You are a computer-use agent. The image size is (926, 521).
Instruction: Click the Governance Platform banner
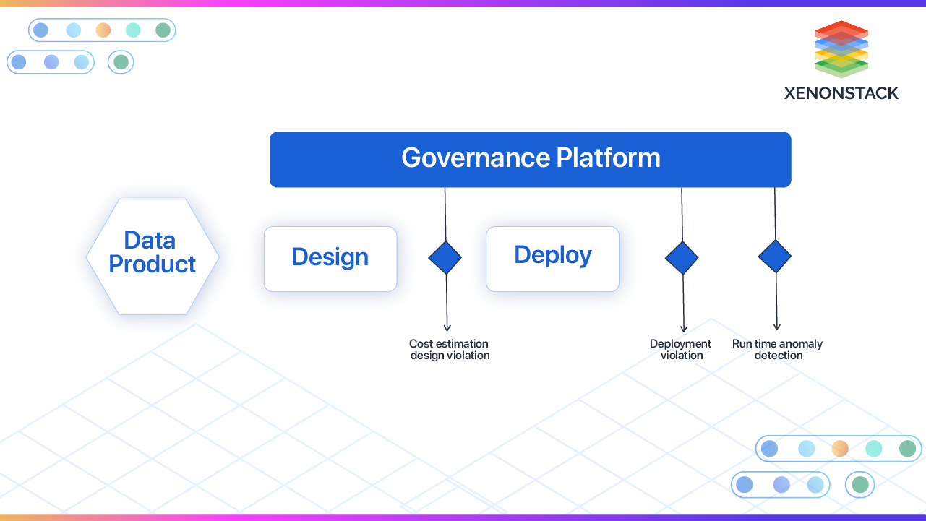[530, 160]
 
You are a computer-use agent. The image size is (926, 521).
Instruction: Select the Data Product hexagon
[153, 257]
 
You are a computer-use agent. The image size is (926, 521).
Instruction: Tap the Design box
[330, 259]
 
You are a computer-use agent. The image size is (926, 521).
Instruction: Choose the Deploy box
[552, 258]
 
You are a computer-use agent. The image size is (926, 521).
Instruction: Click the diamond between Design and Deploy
[445, 257]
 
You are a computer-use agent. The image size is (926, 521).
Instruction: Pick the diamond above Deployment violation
[682, 258]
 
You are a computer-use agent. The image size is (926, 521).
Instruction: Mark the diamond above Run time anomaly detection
[775, 257]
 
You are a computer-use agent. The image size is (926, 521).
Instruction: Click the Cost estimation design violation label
[450, 350]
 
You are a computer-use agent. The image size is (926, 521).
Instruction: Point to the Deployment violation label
[681, 350]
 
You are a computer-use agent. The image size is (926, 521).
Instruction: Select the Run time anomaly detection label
[778, 350]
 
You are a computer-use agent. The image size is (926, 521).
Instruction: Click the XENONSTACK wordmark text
[841, 93]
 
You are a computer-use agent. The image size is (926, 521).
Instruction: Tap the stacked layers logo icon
[841, 49]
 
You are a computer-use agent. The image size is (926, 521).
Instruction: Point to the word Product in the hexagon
[153, 264]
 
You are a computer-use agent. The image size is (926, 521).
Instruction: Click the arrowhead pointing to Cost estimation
[447, 327]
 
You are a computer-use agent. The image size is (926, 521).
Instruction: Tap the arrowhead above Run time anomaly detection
[777, 327]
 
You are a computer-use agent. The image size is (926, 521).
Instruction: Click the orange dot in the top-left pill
[103, 30]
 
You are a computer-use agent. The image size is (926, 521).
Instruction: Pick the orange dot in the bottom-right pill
[840, 449]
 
